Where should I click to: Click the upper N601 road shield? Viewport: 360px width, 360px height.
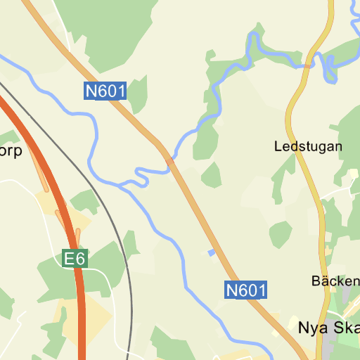pyautogui.click(x=105, y=91)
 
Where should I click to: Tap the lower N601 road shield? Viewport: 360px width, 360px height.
pyautogui.click(x=246, y=290)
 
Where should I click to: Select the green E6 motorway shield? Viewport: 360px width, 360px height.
pyautogui.click(x=75, y=259)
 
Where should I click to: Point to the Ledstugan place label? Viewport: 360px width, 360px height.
pyautogui.click(x=308, y=147)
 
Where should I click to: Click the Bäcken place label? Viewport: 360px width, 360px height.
pyautogui.click(x=335, y=281)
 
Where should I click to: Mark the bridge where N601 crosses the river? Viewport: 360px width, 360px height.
pyautogui.click(x=170, y=161)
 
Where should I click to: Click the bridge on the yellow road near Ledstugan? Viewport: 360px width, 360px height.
pyautogui.click(x=308, y=65)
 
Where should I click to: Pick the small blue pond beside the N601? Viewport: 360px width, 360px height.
pyautogui.click(x=211, y=252)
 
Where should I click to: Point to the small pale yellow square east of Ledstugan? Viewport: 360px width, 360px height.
pyautogui.click(x=353, y=173)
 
